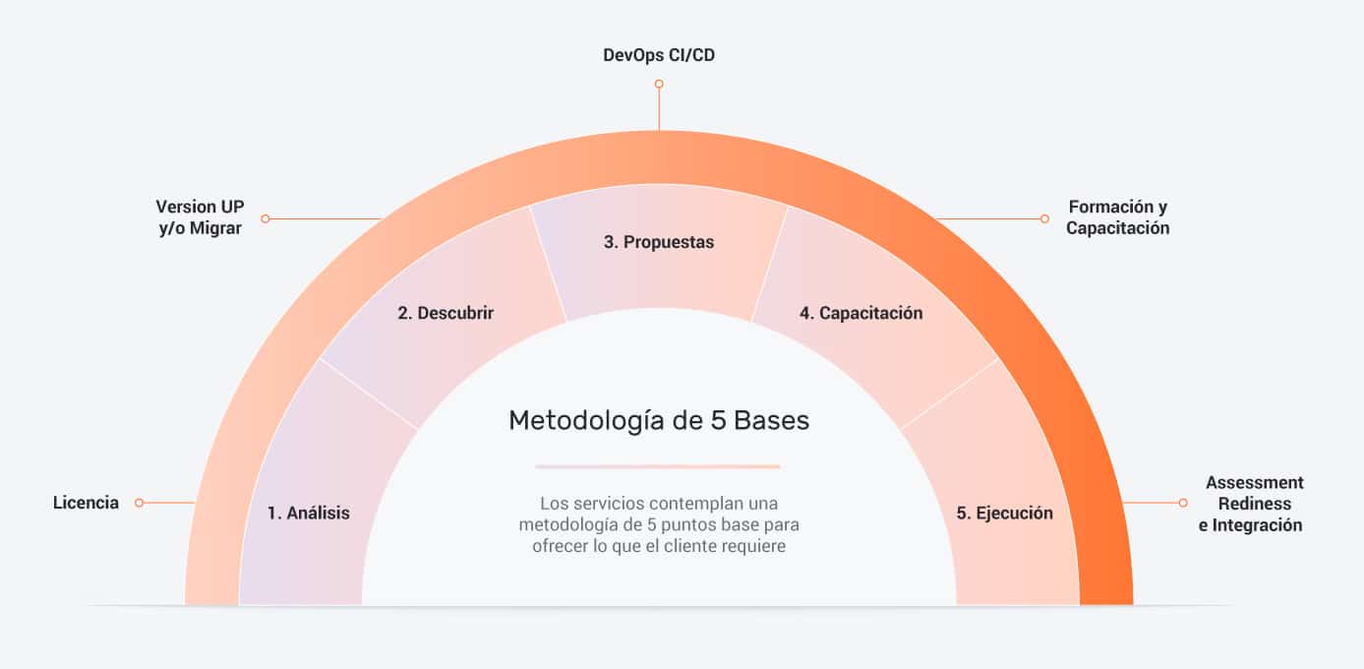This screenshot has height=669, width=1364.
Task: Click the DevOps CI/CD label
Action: pos(659,55)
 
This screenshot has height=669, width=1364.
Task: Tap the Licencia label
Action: pos(86,503)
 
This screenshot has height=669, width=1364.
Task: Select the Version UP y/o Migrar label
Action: pos(200,216)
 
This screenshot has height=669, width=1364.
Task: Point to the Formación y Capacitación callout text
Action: pos(1117,216)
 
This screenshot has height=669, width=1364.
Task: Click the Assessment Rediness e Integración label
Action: pos(1251,504)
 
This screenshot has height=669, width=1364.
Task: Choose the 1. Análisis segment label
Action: pos(309,513)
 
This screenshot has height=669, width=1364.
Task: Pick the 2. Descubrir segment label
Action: pos(445,313)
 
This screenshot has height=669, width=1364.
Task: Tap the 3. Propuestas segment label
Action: pos(659,242)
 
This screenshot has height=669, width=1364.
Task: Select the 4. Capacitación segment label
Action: pos(861,313)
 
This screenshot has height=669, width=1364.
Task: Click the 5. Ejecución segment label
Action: pos(1004,513)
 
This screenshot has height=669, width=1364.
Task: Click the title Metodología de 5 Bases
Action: pos(659,420)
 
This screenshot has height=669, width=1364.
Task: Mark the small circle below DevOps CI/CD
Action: pos(659,84)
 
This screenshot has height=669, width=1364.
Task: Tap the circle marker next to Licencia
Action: pos(140,503)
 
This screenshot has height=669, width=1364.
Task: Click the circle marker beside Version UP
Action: pos(266,218)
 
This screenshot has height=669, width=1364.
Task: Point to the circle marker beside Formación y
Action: pos(1044,218)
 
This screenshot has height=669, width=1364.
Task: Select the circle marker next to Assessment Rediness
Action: pos(1182,503)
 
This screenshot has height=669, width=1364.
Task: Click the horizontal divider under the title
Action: pos(658,466)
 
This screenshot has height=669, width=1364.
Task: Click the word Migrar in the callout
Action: pos(215,228)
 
